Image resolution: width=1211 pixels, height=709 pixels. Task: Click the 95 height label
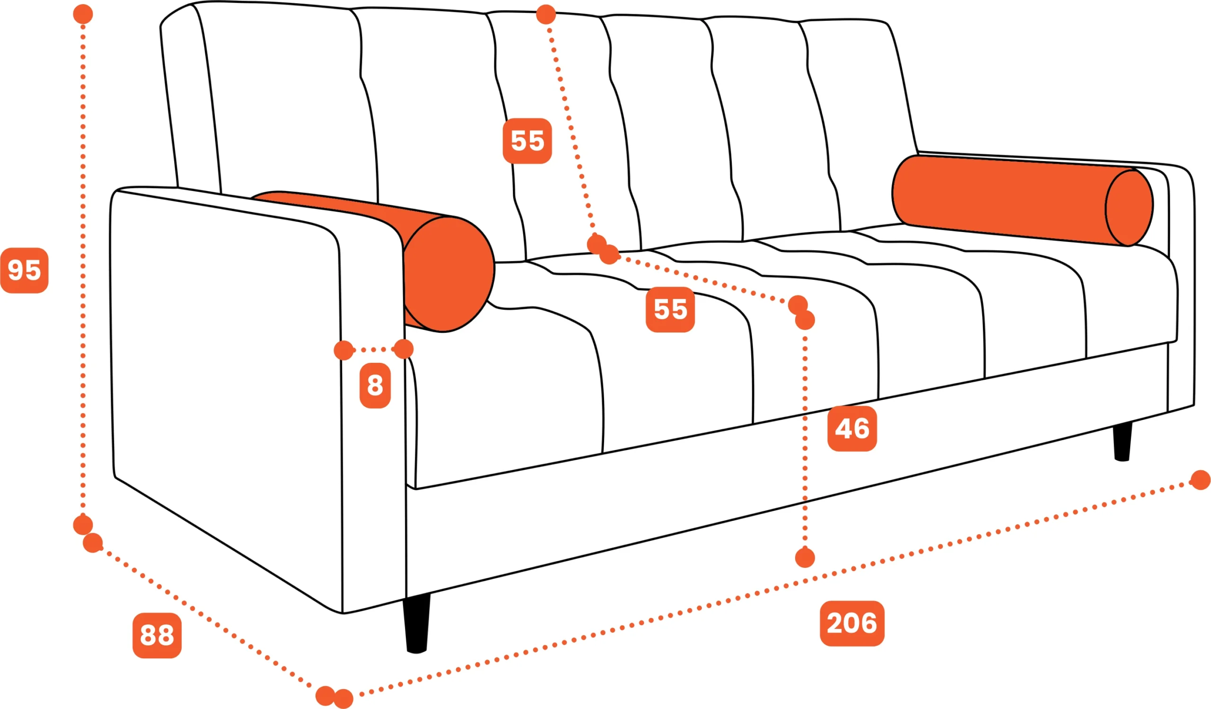pos(25,270)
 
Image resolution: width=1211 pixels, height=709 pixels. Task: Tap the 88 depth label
pos(157,636)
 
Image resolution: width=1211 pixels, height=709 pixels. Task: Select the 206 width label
pos(852,623)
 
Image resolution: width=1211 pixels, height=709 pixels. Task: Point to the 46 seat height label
pos(852,429)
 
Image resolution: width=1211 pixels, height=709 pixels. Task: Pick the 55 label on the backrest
pos(527,141)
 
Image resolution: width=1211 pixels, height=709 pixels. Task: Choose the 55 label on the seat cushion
pos(670,309)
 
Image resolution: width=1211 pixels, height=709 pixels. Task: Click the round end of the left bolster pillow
pos(448,274)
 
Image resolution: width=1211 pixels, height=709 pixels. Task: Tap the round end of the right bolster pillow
pos(1129,208)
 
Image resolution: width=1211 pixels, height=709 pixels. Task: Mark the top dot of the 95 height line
pos(83,14)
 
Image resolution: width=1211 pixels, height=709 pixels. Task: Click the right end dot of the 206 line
pos(1201,480)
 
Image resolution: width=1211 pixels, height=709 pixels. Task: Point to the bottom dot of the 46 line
pos(805,558)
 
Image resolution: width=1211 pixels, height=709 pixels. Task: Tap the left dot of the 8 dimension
pos(343,350)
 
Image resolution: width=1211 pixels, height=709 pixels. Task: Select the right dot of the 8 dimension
pos(404,349)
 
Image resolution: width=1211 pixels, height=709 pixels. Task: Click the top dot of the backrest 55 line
pos(546,14)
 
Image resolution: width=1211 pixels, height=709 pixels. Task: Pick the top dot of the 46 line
pos(805,320)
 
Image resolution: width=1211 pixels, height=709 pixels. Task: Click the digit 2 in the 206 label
pos(836,623)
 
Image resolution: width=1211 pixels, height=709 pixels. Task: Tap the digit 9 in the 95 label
pos(17,270)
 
